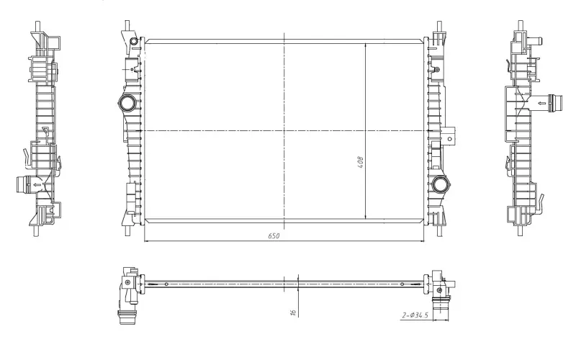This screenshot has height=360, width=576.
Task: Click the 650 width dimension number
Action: click(x=274, y=235)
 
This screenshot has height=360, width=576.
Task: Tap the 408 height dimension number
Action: click(x=361, y=163)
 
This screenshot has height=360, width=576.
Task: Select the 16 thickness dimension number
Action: click(x=293, y=312)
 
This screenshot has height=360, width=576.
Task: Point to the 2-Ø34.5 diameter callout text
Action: click(x=415, y=315)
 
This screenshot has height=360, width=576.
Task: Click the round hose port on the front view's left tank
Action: click(x=127, y=103)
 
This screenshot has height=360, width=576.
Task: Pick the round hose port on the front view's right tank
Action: click(x=440, y=184)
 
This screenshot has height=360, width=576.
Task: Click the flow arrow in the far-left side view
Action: click(x=37, y=185)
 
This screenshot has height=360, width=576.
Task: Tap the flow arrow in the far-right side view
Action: click(x=542, y=103)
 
